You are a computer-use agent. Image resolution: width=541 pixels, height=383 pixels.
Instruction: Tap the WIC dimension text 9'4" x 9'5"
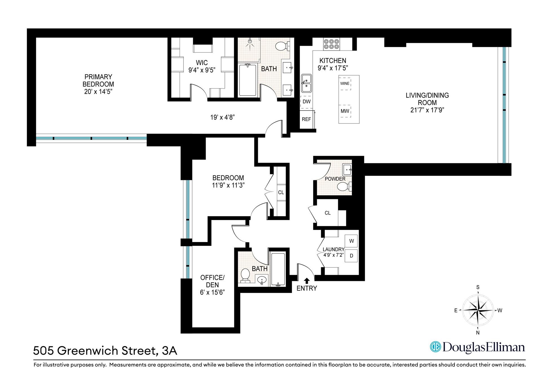point(202,70)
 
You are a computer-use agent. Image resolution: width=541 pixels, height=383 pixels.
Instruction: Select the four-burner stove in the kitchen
point(331,44)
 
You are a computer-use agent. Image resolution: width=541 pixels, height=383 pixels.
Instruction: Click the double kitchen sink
point(306,83)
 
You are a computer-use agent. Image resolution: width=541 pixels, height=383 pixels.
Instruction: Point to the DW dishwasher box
point(306,102)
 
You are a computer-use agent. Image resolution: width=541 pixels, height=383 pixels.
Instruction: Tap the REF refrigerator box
point(306,119)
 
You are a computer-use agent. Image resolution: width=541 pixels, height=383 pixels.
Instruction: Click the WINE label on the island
point(345,83)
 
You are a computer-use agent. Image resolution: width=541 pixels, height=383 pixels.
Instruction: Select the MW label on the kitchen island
point(345,111)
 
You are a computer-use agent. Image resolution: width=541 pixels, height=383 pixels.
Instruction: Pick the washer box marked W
point(351,241)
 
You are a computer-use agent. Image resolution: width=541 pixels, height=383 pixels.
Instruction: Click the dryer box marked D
point(351,256)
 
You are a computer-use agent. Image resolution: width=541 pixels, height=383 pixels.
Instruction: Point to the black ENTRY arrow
point(307,280)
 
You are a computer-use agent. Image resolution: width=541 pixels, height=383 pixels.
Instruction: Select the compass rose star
point(478,310)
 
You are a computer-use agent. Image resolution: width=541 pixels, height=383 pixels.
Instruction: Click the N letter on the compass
point(478,333)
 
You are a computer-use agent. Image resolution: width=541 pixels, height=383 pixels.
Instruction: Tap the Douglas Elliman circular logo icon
point(435,347)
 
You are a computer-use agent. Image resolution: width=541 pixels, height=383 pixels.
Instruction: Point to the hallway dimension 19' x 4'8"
point(223,117)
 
